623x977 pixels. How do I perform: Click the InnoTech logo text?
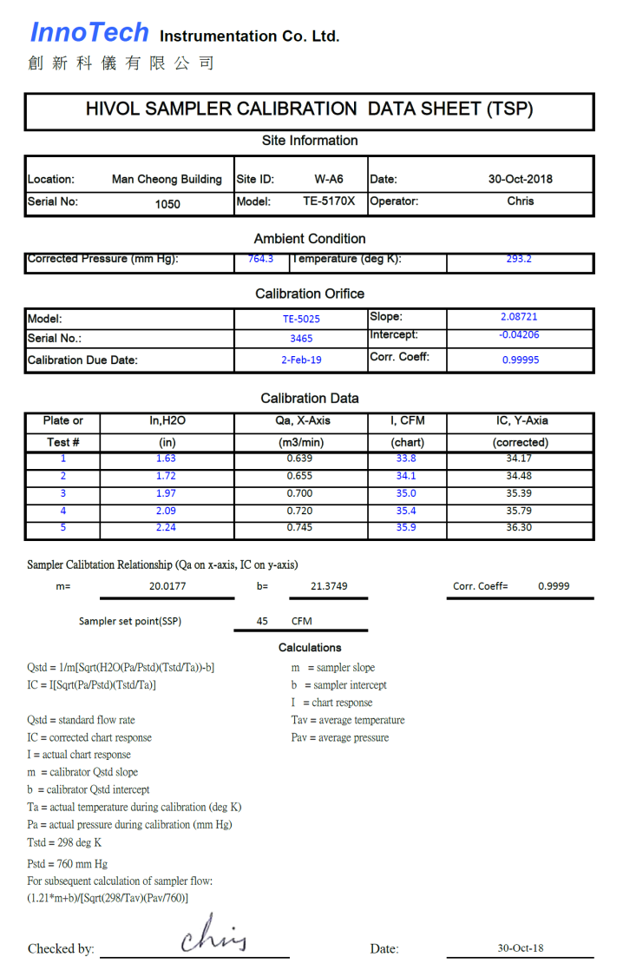pyautogui.click(x=89, y=33)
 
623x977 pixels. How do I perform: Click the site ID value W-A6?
pyautogui.click(x=328, y=180)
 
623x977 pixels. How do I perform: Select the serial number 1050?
pyautogui.click(x=167, y=204)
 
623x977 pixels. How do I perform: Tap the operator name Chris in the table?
pyautogui.click(x=521, y=201)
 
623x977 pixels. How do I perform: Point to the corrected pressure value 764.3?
pyautogui.click(x=260, y=259)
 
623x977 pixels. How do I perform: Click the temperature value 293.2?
pyautogui.click(x=519, y=259)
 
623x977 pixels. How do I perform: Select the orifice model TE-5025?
pyautogui.click(x=301, y=319)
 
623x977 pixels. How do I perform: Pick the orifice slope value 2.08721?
pyautogui.click(x=520, y=317)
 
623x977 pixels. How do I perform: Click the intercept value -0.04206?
pyautogui.click(x=519, y=334)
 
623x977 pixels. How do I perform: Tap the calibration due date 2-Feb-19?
pyautogui.click(x=301, y=360)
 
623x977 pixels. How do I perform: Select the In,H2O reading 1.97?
pyautogui.click(x=166, y=493)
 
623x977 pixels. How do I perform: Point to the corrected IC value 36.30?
pyautogui.click(x=519, y=527)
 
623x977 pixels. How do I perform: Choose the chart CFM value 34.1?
pyautogui.click(x=405, y=476)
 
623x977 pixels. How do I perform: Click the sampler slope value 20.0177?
pyautogui.click(x=167, y=586)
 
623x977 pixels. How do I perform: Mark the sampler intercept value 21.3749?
pyautogui.click(x=329, y=586)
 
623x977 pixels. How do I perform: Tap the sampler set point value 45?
pyautogui.click(x=262, y=621)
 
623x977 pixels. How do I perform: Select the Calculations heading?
pyautogui.click(x=310, y=648)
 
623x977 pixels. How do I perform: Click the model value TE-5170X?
pyautogui.click(x=329, y=201)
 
